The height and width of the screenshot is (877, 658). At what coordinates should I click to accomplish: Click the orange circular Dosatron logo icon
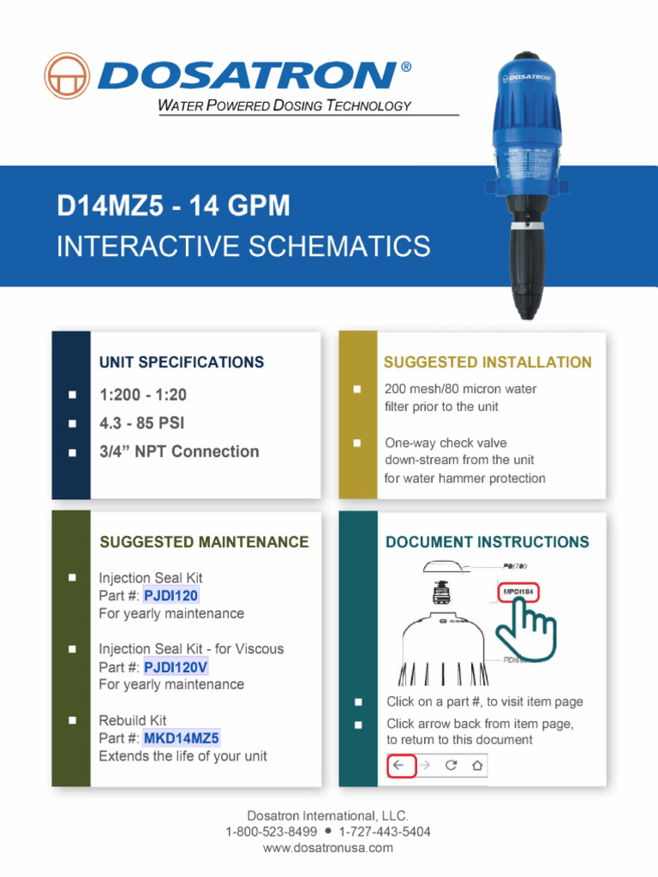[67, 75]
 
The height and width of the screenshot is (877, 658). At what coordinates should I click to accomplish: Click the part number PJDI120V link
[176, 667]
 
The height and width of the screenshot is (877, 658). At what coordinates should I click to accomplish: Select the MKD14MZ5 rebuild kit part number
[182, 738]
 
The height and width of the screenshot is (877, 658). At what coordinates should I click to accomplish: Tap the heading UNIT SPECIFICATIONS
[182, 362]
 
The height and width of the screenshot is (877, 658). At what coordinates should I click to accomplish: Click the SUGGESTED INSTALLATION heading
[488, 362]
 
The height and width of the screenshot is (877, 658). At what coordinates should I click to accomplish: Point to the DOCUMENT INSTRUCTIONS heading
[488, 542]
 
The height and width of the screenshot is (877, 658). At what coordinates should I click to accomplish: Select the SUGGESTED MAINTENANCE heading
[204, 542]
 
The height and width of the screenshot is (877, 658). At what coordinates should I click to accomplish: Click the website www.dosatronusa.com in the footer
[328, 848]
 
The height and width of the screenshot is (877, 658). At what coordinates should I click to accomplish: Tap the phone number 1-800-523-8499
[271, 832]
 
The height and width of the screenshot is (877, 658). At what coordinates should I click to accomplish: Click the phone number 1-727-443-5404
[385, 832]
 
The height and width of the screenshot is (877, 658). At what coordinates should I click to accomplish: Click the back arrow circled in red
[401, 765]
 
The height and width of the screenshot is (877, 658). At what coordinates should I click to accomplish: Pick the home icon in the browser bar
[477, 765]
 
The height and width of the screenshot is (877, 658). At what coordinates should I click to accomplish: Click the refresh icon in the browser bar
[451, 765]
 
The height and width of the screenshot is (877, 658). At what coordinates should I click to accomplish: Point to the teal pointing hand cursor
[529, 629]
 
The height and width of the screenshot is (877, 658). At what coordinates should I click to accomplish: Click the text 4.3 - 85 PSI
[142, 423]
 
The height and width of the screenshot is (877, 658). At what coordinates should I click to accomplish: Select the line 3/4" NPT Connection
[179, 451]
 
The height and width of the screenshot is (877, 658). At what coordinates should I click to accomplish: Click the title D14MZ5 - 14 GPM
[173, 206]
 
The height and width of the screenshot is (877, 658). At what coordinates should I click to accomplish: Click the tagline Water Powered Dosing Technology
[285, 106]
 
